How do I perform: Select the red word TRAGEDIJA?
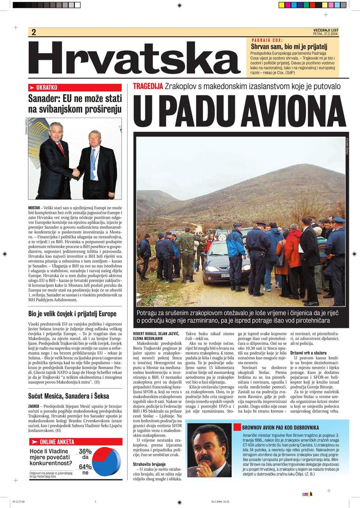(148, 87)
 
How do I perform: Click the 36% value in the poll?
(85, 451)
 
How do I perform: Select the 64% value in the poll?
(85, 467)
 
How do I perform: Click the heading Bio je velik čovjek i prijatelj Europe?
(72, 314)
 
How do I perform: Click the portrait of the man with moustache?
(209, 450)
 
